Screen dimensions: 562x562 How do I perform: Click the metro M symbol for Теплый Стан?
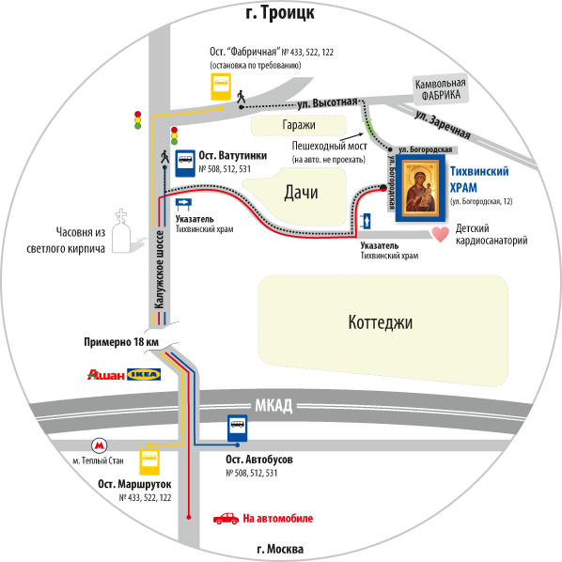click(100, 445)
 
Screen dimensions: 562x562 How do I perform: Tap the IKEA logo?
click(144, 375)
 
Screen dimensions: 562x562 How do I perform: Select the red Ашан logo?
click(106, 375)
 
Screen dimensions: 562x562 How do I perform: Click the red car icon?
click(226, 519)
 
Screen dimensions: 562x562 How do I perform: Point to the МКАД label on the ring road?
click(273, 406)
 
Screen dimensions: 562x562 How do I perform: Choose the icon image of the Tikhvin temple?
click(420, 188)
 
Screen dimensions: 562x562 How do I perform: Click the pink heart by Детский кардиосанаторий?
click(441, 234)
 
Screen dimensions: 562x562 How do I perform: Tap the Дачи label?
click(301, 193)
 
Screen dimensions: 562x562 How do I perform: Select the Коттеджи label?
click(381, 322)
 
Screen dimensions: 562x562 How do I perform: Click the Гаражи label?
click(299, 125)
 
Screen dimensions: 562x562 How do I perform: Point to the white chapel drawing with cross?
click(121, 231)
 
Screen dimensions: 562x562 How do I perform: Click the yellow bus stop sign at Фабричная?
click(221, 86)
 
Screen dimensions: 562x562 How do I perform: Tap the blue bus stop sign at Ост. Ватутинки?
click(185, 164)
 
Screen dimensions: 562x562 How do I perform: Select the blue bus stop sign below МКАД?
click(237, 429)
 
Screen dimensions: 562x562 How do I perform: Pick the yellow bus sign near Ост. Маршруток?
click(149, 461)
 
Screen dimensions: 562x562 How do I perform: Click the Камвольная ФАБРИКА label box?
click(441, 89)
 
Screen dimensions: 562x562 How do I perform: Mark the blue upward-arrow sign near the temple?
click(367, 221)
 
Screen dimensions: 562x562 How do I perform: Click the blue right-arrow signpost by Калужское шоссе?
click(183, 204)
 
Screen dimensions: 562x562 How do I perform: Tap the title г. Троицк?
click(280, 12)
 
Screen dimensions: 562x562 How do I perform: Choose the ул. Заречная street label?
click(443, 124)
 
